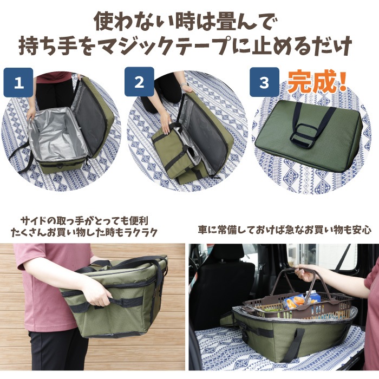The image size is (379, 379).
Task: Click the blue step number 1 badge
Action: pyautogui.click(x=18, y=82)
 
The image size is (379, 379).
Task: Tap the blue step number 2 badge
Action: pyautogui.click(x=139, y=82)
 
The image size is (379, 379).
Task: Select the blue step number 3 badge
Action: pyautogui.click(x=264, y=82)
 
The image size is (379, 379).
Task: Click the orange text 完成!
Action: pyautogui.click(x=317, y=82)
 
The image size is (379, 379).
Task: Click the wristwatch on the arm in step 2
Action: pyautogui.click(x=185, y=84)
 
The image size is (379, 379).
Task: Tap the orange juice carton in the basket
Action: pyautogui.click(x=293, y=302)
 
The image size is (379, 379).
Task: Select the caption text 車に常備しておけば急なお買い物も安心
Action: pyautogui.click(x=285, y=230)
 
